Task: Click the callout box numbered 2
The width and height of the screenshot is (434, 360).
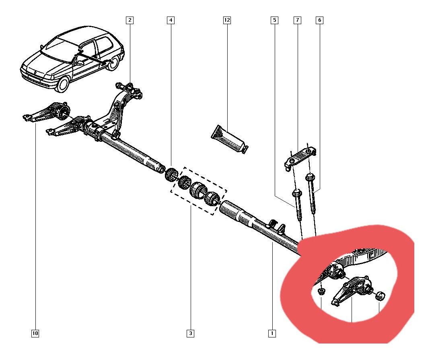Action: (x=130, y=20)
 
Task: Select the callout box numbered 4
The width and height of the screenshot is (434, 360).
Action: (x=171, y=20)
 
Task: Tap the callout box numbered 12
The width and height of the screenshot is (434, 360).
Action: (x=227, y=20)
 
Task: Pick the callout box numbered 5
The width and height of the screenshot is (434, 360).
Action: (x=274, y=20)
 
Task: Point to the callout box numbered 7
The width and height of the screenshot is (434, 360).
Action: (x=298, y=20)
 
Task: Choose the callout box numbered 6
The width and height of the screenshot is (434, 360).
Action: (x=320, y=20)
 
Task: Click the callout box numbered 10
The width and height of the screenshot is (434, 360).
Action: (x=35, y=333)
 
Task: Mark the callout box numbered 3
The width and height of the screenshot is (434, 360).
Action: (x=190, y=333)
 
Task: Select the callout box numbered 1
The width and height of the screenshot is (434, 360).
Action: (x=272, y=333)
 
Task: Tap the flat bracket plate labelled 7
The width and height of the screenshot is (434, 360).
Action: (x=300, y=157)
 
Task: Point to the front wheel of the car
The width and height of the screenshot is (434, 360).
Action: (x=63, y=84)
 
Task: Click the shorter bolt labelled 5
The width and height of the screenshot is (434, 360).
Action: (x=298, y=205)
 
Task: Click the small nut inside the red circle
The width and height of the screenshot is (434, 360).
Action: (x=321, y=291)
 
